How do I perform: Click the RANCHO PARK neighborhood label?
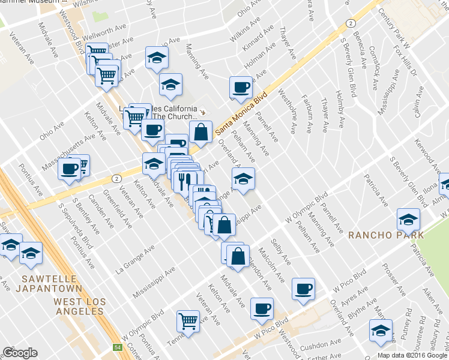coord(386,235)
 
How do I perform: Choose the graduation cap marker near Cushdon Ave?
coord(381,331)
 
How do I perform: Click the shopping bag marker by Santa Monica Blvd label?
coord(201,130)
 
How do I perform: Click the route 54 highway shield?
coord(118,347)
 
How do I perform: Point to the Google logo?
coord(20,353)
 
